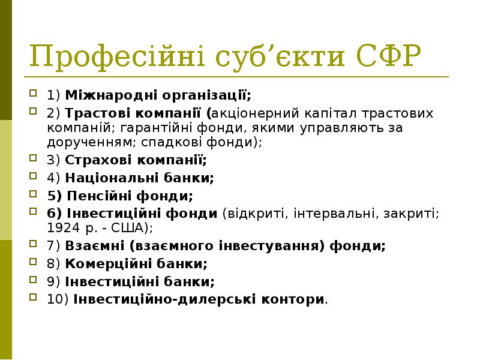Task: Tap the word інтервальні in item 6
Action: (336, 213)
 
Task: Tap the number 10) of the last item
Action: (58, 299)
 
